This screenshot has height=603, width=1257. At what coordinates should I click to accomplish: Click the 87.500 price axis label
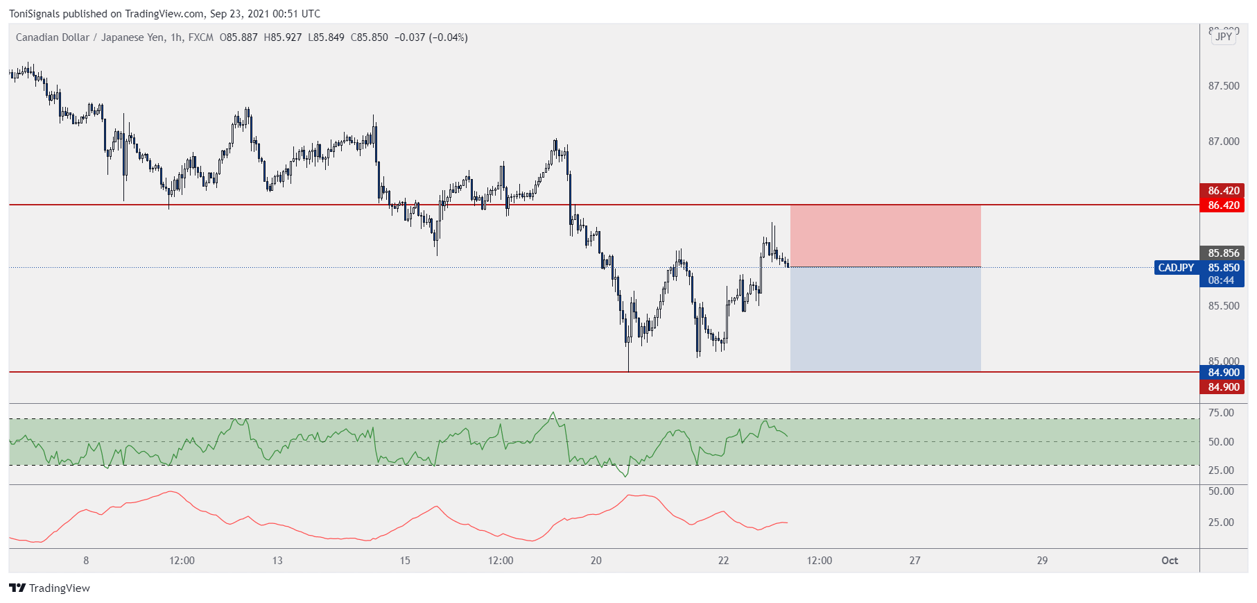1223,86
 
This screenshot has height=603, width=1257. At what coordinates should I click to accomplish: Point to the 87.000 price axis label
1223,142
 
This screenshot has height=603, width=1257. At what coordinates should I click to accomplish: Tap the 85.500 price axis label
1223,306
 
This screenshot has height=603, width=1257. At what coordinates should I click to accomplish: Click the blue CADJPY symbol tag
1176,268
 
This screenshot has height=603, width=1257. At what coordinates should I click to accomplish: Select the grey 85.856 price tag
1223,253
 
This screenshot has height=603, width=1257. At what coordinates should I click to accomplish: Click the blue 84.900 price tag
1223,373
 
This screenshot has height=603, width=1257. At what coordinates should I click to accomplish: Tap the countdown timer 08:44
1221,280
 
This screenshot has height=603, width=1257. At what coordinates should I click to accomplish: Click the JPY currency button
1224,37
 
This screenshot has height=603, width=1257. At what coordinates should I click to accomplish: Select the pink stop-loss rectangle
885,235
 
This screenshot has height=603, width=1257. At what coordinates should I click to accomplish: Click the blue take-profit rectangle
885,319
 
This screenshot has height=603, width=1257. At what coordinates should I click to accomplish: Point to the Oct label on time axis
1170,561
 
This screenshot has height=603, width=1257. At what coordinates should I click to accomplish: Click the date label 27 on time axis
914,561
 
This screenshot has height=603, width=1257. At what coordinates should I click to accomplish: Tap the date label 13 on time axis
277,561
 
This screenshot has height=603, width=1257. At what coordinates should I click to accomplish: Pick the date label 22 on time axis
723,561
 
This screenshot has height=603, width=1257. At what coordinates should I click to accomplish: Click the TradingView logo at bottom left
50,588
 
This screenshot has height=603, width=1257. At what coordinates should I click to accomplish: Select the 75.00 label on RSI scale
1221,413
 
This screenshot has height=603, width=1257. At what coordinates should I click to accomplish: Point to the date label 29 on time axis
1042,561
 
